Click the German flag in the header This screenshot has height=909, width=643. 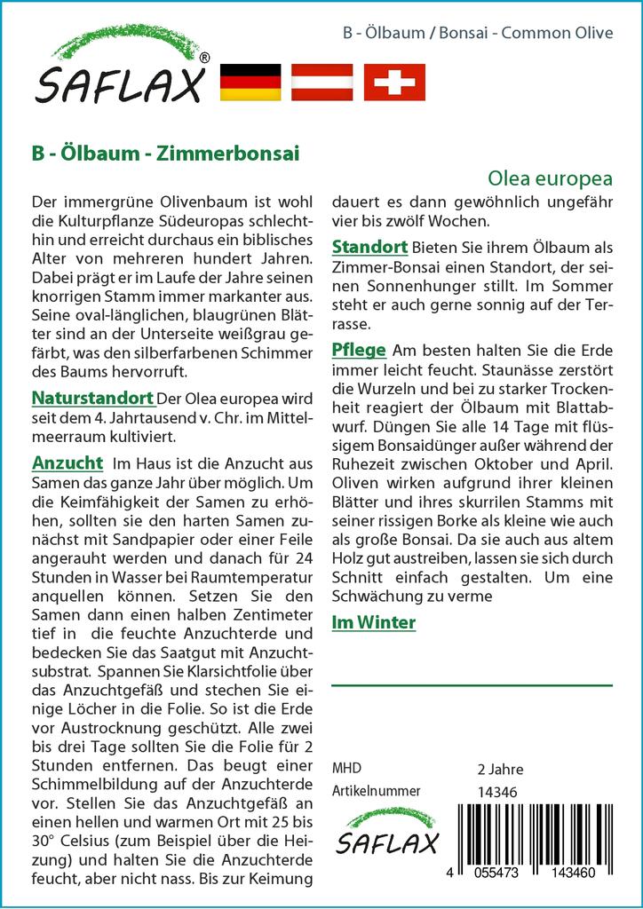pyautogui.click(x=250, y=82)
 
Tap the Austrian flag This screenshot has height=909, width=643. pyautogui.click(x=322, y=82)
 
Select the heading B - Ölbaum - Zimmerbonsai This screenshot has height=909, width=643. pyautogui.click(x=165, y=153)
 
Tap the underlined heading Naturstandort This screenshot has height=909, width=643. pyautogui.click(x=92, y=397)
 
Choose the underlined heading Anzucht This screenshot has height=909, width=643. pyautogui.click(x=67, y=463)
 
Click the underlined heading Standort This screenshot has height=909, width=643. pyautogui.click(x=369, y=247)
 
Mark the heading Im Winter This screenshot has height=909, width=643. pyautogui.click(x=373, y=623)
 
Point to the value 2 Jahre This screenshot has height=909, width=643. pyautogui.click(x=500, y=769)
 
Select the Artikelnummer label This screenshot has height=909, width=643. pyautogui.click(x=376, y=791)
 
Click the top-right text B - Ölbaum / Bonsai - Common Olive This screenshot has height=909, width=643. pyautogui.click(x=478, y=34)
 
